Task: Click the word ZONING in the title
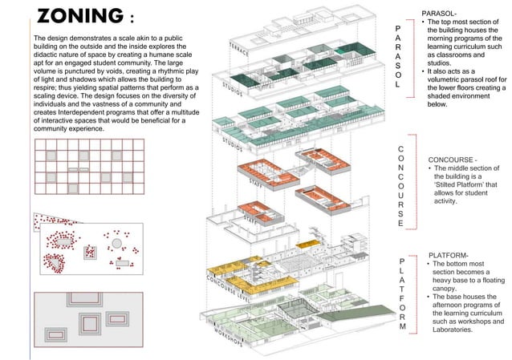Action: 78,17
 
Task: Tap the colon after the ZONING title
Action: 131,18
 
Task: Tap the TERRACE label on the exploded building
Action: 240,47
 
